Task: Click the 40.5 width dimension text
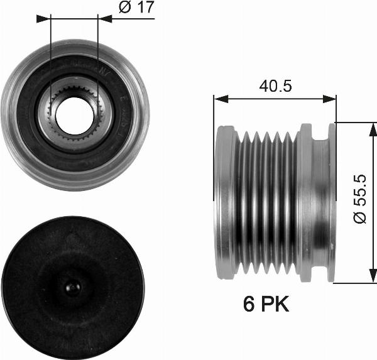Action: pos(275,86)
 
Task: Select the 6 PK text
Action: pos(266,305)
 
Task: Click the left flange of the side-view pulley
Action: pos(224,201)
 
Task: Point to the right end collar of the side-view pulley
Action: pos(324,201)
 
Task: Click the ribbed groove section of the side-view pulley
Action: pos(267,201)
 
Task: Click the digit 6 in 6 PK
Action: pos(249,305)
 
